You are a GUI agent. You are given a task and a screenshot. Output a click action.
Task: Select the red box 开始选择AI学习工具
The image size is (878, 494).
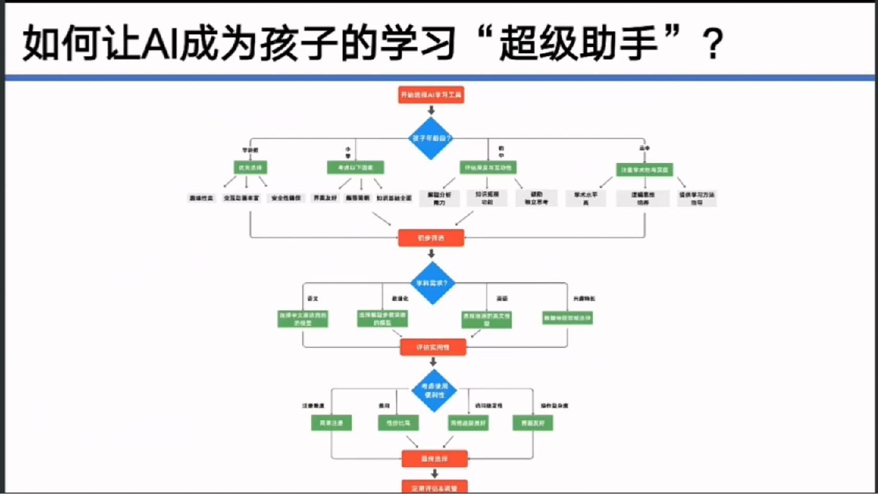[x=431, y=95]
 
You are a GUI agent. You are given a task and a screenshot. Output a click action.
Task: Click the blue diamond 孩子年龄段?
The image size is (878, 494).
[x=431, y=138]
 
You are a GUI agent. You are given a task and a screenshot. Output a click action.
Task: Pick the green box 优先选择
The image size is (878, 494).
[x=250, y=167]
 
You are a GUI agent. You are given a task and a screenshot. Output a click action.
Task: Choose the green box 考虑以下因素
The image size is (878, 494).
[x=355, y=167]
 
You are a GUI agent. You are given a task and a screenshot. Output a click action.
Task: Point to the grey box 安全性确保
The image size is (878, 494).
[x=286, y=198]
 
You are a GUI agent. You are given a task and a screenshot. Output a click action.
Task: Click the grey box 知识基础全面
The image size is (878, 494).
[x=394, y=198]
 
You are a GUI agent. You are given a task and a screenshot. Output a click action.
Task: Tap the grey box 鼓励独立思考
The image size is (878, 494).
[x=536, y=198]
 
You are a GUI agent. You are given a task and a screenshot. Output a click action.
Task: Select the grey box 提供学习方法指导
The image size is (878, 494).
[x=696, y=198]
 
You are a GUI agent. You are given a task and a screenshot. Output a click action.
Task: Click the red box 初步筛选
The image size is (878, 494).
[x=431, y=238]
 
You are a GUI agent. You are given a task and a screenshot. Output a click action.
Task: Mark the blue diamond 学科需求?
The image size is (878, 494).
[x=432, y=283]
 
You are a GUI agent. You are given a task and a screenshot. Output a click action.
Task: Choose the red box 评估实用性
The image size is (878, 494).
[x=433, y=347]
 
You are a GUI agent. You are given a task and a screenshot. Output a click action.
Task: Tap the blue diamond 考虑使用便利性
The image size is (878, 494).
[x=433, y=391]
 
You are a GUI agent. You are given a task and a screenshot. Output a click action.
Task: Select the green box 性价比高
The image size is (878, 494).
[x=398, y=423]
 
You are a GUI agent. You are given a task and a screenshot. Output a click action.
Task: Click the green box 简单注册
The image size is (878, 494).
[x=331, y=423]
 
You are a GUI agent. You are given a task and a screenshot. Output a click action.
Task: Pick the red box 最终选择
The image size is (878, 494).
[x=434, y=459]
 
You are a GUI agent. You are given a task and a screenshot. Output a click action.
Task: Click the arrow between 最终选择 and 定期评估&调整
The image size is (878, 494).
[x=434, y=473]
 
